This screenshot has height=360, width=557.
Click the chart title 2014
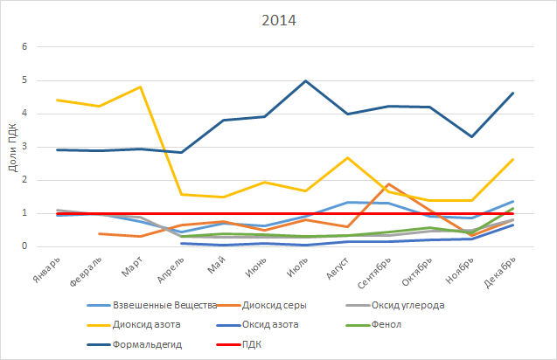(278, 20)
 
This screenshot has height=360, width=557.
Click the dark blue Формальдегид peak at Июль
(305, 81)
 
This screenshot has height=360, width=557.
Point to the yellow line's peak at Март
(140, 87)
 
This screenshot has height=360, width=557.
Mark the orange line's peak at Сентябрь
(388, 184)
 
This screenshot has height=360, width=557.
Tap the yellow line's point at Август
(347, 158)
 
